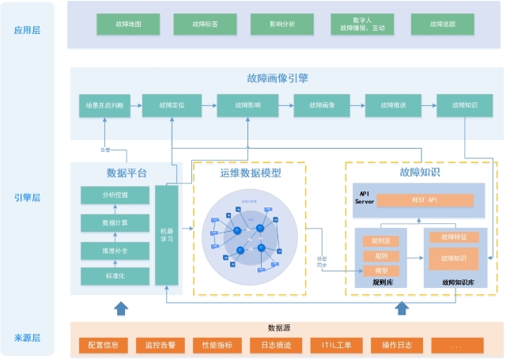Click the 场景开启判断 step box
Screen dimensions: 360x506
click(x=104, y=104)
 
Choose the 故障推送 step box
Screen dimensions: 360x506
click(x=392, y=104)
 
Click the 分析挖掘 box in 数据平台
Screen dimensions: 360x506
click(x=115, y=195)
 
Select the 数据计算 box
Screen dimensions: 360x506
click(x=115, y=223)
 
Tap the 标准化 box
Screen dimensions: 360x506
click(x=115, y=276)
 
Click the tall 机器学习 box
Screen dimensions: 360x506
click(x=166, y=235)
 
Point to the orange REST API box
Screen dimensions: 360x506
click(x=425, y=200)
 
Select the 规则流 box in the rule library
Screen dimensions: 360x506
click(x=380, y=241)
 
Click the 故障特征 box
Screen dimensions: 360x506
click(x=454, y=237)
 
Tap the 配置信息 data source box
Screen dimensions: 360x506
click(x=104, y=345)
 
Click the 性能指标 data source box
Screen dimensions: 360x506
click(x=217, y=345)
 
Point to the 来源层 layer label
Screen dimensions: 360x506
click(x=28, y=338)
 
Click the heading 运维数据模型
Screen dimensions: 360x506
click(x=250, y=172)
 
